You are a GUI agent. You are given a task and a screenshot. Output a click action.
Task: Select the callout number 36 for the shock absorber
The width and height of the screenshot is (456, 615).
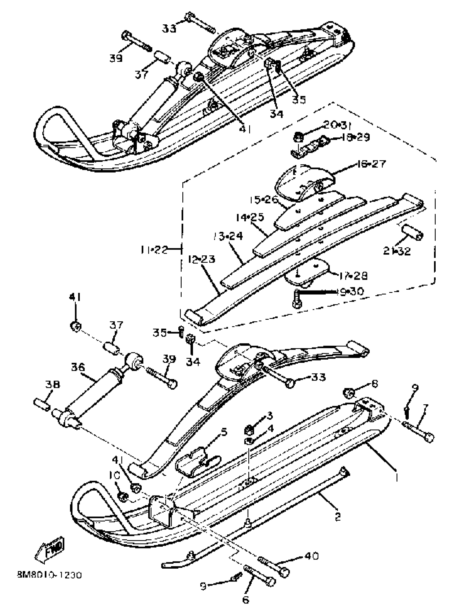[x=78, y=367]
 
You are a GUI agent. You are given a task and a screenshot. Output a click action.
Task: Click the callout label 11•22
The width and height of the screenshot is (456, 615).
[x=154, y=250]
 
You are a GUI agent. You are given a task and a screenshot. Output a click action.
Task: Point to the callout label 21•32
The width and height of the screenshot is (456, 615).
[x=397, y=251]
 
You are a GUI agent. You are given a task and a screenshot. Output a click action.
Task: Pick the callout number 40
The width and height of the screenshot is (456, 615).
[x=311, y=556]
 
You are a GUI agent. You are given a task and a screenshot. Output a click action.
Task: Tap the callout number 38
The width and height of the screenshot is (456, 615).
[x=53, y=385]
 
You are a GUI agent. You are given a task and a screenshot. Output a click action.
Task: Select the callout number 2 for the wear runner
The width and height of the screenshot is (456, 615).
[x=338, y=517]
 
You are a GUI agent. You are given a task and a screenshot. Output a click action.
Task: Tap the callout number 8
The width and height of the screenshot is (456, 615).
[x=374, y=384]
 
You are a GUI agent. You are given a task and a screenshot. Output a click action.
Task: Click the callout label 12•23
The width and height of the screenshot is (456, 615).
[x=202, y=259]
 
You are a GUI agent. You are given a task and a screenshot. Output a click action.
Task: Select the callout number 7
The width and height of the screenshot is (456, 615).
[x=425, y=407]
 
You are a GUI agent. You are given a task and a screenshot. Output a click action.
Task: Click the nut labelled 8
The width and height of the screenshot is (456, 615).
[x=349, y=393]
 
